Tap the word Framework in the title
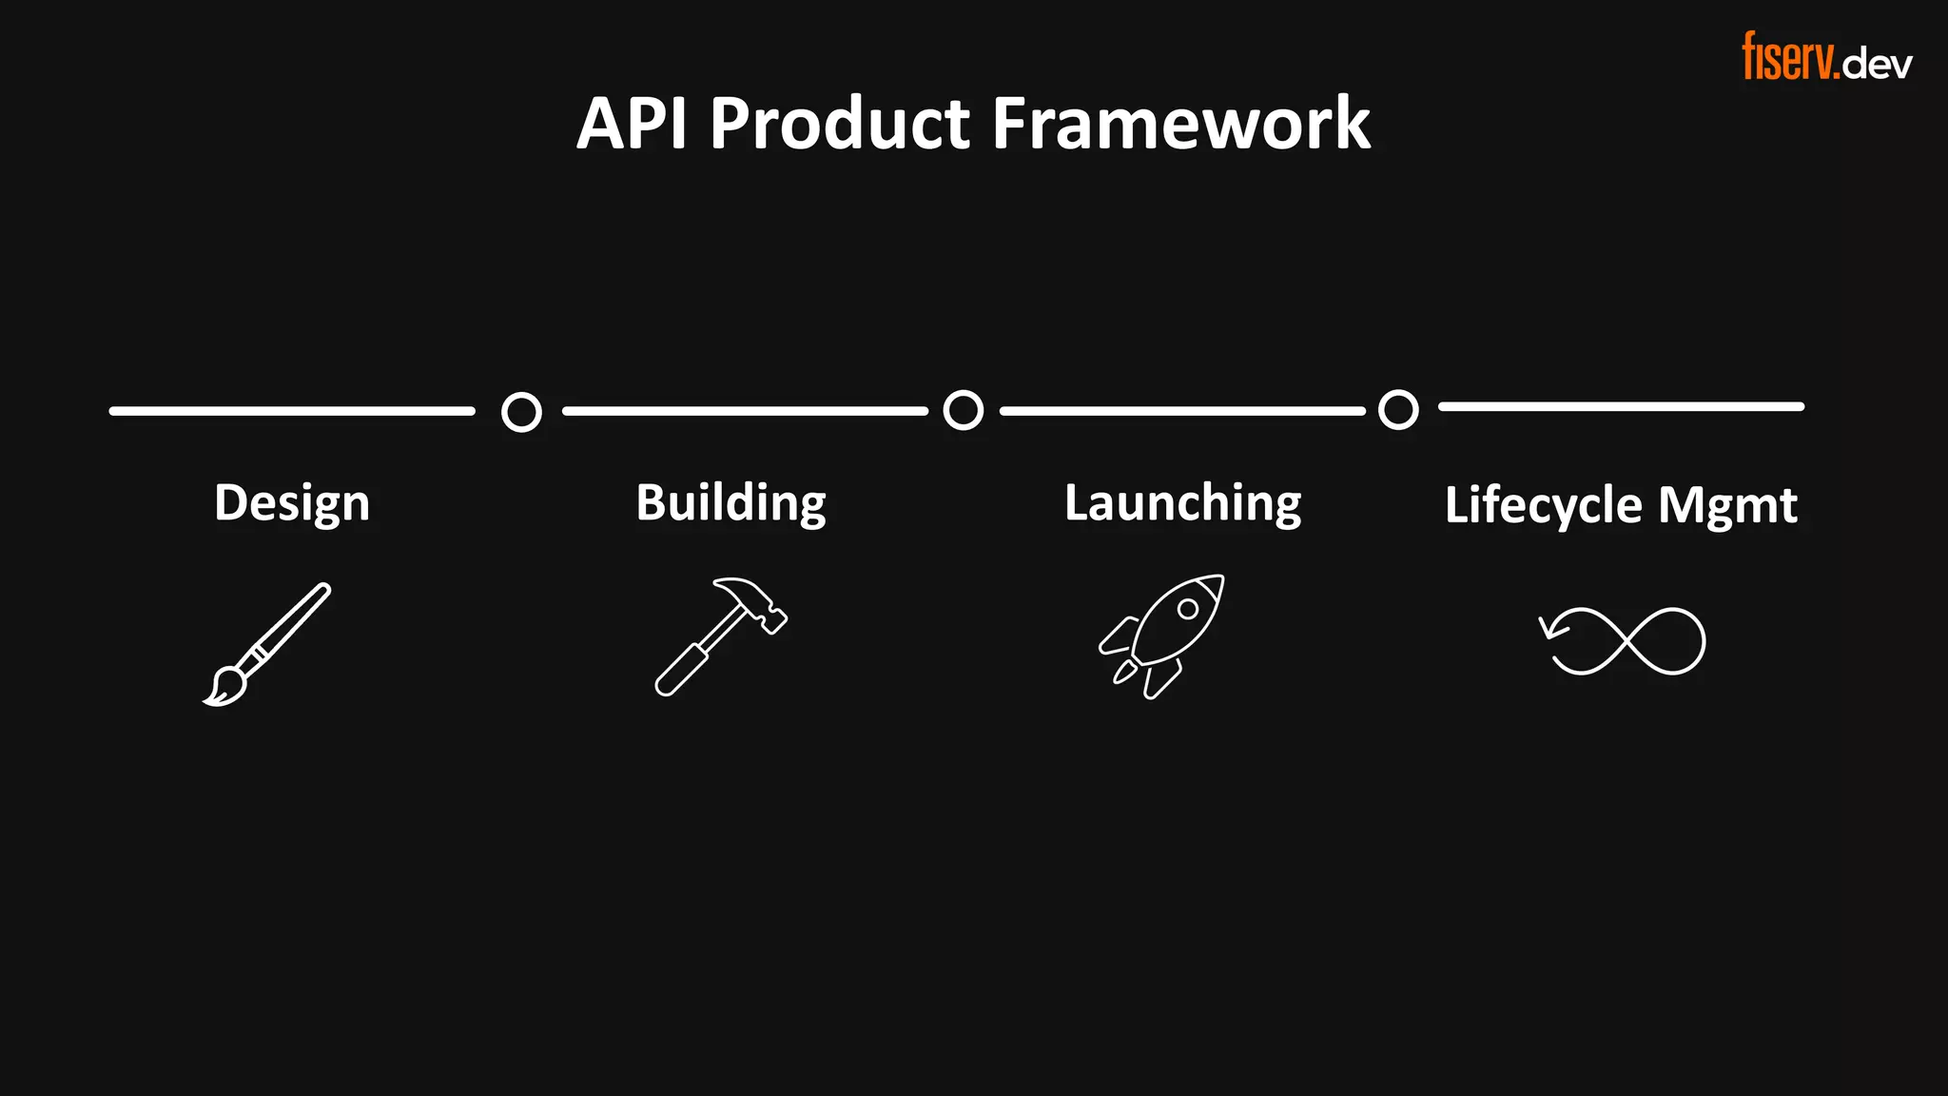[1180, 124]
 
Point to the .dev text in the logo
[1877, 64]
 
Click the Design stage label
[291, 503]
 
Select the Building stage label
[730, 503]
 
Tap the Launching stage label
[1182, 503]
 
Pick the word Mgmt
[1727, 505]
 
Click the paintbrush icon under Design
[267, 644]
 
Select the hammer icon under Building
[721, 636]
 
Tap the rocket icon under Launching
[1162, 636]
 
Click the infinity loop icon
[1623, 640]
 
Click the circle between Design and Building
[521, 412]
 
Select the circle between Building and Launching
[963, 410]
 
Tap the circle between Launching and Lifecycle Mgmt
[1398, 409]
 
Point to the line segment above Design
[291, 411]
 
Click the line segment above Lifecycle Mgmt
[1621, 406]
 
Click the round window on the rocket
[1187, 609]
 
